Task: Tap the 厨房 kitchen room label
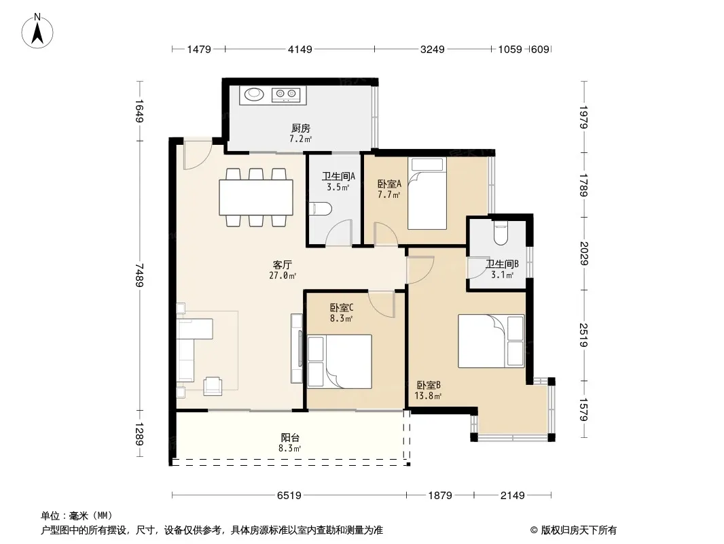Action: pyautogui.click(x=301, y=128)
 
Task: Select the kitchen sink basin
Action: pyautogui.click(x=253, y=95)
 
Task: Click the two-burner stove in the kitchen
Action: pyautogui.click(x=286, y=95)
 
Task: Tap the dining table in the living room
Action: pyautogui.click(x=256, y=197)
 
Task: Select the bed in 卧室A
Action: pyautogui.click(x=427, y=193)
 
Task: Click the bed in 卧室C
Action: pyautogui.click(x=340, y=362)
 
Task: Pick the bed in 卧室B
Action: pyautogui.click(x=491, y=341)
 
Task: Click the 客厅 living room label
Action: pyautogui.click(x=282, y=265)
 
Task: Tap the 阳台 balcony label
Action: pyautogui.click(x=290, y=437)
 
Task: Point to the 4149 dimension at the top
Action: pyautogui.click(x=300, y=49)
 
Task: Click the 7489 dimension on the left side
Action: pyautogui.click(x=139, y=275)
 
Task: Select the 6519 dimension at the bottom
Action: pyautogui.click(x=289, y=496)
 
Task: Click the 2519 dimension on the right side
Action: pyautogui.click(x=583, y=335)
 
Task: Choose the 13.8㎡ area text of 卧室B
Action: pyautogui.click(x=428, y=396)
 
